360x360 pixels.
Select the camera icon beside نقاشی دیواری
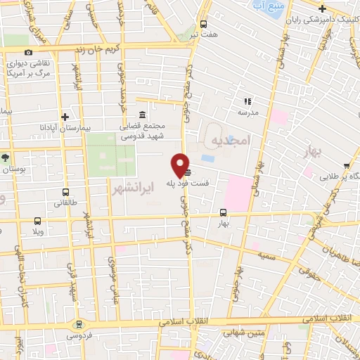[28, 53]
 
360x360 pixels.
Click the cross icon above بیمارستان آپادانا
[65, 117]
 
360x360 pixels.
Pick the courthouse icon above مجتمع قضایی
[143, 115]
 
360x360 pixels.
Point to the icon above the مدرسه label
[247, 101]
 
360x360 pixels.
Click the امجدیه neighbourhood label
[231, 141]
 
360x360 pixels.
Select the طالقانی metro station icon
[65, 191]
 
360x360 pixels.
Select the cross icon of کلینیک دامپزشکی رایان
[322, 8]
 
